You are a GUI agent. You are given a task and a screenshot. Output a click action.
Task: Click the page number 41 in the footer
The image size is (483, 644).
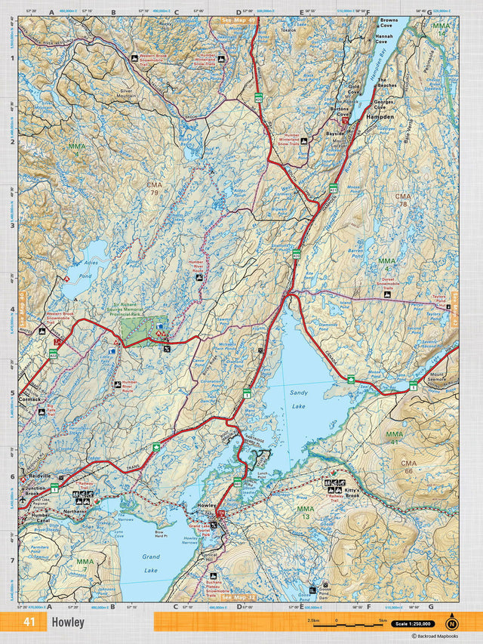[x=29, y=623]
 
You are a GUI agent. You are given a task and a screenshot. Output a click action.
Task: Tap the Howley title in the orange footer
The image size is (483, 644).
[x=68, y=623]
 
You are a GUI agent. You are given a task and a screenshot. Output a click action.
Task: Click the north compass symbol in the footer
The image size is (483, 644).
[x=451, y=624]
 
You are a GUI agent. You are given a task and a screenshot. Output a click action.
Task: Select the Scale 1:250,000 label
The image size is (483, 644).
[x=412, y=624]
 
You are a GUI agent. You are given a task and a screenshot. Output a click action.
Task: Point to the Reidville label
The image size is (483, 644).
[x=39, y=476]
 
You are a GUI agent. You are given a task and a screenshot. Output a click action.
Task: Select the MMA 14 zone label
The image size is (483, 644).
[x=440, y=30]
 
